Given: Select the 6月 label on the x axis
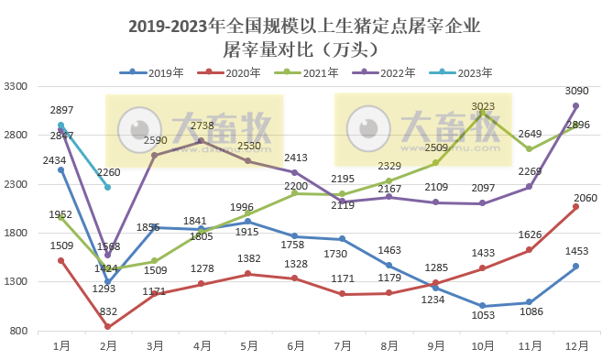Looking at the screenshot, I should (x=295, y=345).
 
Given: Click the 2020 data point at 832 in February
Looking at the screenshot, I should (x=108, y=327).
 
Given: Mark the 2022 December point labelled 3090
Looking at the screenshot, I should (x=575, y=106).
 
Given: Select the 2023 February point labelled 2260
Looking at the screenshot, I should (x=108, y=187).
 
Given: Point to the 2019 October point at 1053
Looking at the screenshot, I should (x=482, y=306).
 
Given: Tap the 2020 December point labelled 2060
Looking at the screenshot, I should (x=575, y=207).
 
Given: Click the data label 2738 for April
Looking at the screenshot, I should (x=202, y=125).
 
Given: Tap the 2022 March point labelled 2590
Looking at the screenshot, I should (x=155, y=155).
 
